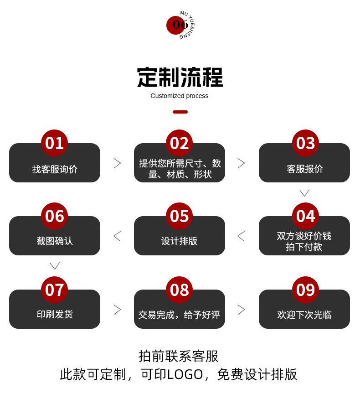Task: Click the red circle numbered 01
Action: point(54,143)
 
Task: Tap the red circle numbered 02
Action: point(179,143)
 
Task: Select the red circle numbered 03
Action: point(305,143)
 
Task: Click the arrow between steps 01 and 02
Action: point(117,163)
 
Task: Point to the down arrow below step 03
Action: point(304,193)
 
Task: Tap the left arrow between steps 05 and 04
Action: point(241,236)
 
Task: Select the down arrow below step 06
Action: point(55,266)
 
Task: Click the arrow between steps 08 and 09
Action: point(241,310)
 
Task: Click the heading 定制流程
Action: point(180,78)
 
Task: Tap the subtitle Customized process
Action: point(180,96)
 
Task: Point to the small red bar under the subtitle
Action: point(180,112)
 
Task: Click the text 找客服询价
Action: point(55,169)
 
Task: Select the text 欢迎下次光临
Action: point(304,315)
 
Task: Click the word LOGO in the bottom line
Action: point(185,374)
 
